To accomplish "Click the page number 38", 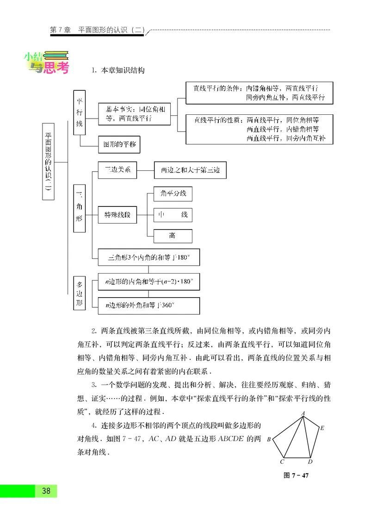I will tap(46, 491).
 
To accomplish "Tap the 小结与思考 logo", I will tap(46, 63).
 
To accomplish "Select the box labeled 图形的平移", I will tap(119, 144).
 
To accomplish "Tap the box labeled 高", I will tap(173, 236).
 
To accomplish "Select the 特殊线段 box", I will tap(117, 215).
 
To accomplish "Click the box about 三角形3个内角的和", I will tap(149, 257).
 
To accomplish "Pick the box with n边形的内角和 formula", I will tap(149, 281).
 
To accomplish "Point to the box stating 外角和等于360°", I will tap(149, 306).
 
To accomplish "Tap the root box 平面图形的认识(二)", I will tap(48, 162).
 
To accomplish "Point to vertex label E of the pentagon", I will tap(322, 428).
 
